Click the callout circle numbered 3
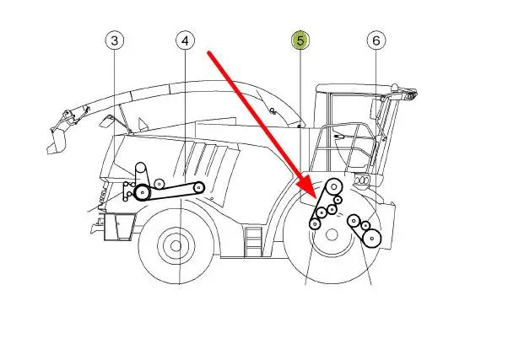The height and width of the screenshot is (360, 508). [115, 40]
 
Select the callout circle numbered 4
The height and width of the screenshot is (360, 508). [185, 40]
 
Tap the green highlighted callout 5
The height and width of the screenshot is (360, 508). [300, 40]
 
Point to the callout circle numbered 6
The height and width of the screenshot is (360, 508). [376, 40]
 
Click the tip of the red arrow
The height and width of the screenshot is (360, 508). [316, 198]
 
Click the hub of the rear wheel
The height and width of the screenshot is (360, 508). [176, 246]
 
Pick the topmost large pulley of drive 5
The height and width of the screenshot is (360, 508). [334, 187]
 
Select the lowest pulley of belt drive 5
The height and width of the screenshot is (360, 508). [315, 223]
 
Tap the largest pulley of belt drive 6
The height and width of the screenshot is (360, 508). [372, 239]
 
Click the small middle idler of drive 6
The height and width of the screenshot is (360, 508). [365, 225]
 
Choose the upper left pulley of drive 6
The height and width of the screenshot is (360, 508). [354, 221]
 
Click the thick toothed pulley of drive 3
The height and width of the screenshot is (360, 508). [143, 192]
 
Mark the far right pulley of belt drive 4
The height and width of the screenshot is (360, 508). [198, 187]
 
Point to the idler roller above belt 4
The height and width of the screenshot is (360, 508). [159, 184]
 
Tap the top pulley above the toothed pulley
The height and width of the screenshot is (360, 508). [141, 168]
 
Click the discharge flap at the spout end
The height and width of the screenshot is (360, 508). [57, 142]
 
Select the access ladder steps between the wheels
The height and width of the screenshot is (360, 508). [254, 242]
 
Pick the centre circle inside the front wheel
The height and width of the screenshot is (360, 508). [332, 235]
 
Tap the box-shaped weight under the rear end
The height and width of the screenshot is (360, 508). [119, 227]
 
